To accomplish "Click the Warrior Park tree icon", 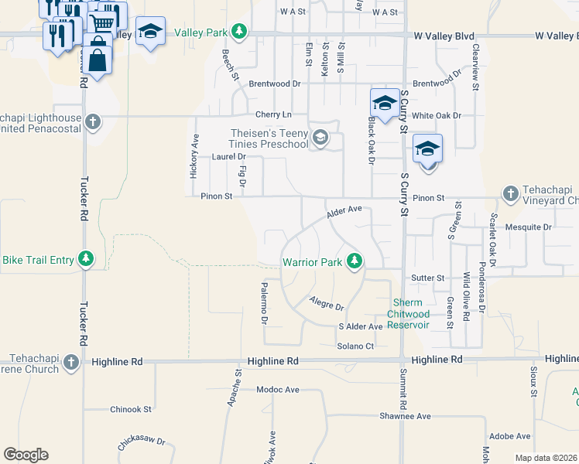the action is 355,261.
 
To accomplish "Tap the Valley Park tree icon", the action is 240,31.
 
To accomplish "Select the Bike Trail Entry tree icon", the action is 88,259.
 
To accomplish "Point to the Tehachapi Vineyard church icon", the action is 510,193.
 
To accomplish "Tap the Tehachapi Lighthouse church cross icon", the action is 92,121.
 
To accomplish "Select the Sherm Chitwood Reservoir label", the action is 410,314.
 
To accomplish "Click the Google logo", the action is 26,455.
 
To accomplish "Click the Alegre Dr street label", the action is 326,303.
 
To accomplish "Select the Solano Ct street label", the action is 355,346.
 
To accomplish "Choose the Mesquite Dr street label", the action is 527,227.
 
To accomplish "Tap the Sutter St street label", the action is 428,278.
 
